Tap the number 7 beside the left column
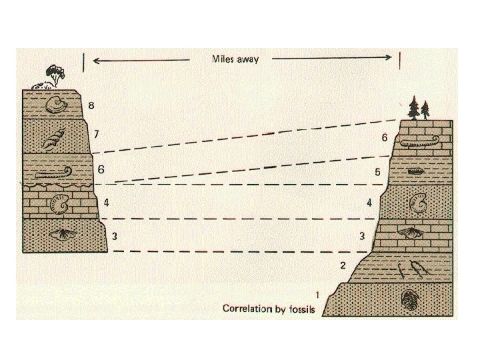97,134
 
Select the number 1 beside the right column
317,295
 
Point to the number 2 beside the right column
343,265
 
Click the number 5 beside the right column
377,172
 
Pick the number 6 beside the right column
385,138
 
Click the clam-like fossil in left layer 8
55,104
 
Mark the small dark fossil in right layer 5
415,171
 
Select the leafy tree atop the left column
52,72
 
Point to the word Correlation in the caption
249,309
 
